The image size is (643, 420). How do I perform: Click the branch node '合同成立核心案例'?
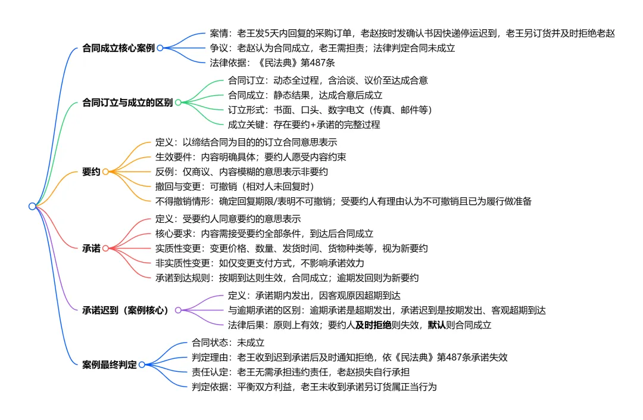coord(118,48)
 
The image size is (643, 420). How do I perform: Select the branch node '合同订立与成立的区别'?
coord(127,102)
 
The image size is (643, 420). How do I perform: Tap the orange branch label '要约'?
coord(91,172)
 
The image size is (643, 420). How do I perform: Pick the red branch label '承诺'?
coord(91,247)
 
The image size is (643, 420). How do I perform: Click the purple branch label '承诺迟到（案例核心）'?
coord(126,310)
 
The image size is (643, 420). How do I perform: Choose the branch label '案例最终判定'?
coord(109,364)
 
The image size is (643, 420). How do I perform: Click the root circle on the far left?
coord(32,206)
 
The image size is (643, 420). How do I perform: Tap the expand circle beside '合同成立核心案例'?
coord(160,48)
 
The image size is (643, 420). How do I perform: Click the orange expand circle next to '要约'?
coord(105,172)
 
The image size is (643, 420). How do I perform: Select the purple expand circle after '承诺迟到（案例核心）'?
coord(177,310)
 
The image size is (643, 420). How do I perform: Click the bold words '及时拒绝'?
coord(373,325)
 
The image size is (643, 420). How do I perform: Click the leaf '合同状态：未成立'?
coord(227,343)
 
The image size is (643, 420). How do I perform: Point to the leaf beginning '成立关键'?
coord(304,125)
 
